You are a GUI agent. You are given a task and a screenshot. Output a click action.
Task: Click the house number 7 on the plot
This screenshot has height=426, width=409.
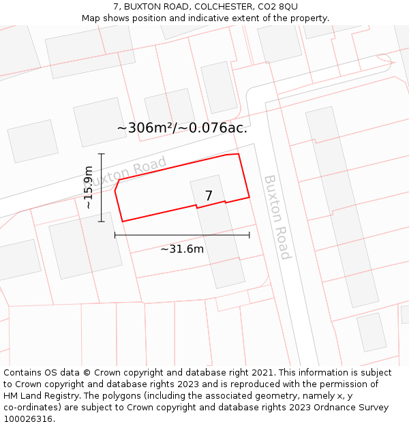pos(209,196)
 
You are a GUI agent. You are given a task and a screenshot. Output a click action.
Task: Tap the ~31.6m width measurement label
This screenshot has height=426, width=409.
pos(182,249)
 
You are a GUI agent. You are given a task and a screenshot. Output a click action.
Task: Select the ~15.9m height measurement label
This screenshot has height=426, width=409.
pos(88,187)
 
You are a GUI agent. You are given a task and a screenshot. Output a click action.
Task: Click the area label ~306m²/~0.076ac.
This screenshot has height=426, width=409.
pos(182,127)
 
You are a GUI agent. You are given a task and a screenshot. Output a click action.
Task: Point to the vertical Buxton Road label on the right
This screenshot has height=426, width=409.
pos(277,217)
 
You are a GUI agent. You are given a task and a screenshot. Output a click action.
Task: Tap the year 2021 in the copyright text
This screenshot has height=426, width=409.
pos(262,373)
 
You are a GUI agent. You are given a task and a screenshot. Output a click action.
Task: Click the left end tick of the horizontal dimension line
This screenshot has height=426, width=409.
pos(115,234)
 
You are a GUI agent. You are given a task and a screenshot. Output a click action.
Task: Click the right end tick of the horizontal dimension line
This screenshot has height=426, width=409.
pos(249,234)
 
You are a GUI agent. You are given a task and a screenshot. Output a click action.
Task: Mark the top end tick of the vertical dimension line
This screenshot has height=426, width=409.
pos(102,154)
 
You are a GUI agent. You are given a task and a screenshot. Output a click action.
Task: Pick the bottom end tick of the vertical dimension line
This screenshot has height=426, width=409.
pos(102,222)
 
